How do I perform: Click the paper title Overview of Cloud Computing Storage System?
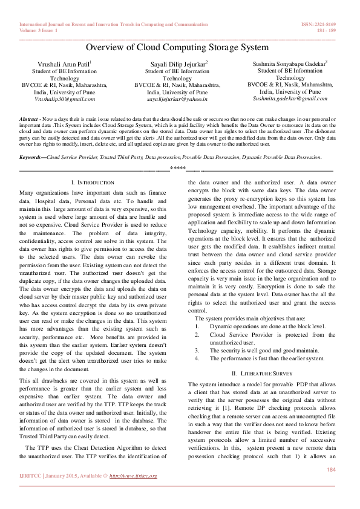pyautogui.click(x=177, y=47)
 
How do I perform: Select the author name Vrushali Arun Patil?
pyautogui.click(x=64, y=63)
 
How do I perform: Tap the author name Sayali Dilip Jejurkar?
pyautogui.click(x=177, y=63)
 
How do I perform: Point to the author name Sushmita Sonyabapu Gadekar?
pyautogui.click(x=290, y=62)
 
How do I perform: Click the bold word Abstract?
pyautogui.click(x=29, y=120)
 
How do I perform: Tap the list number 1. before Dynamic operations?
pyautogui.click(x=197, y=326)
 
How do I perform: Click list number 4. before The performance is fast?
pyautogui.click(x=197, y=358)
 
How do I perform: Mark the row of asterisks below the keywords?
pyautogui.click(x=177, y=167)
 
